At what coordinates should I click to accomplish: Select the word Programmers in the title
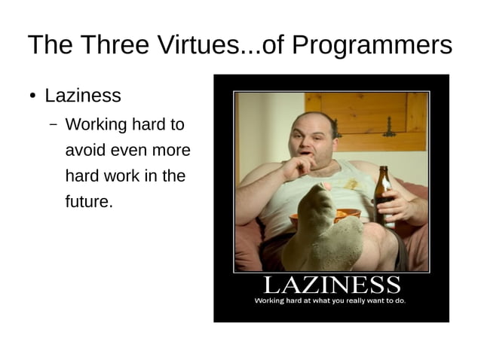372,47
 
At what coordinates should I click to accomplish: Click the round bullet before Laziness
32,96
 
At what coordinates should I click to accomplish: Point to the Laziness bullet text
83,96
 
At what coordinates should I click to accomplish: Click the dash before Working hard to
54,125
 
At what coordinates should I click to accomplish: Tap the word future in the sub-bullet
89,202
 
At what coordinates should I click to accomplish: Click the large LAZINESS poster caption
331,285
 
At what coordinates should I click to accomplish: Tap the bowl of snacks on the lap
343,216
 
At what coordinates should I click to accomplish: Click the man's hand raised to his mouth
296,165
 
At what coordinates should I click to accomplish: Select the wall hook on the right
390,128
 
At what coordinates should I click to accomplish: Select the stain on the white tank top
351,183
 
